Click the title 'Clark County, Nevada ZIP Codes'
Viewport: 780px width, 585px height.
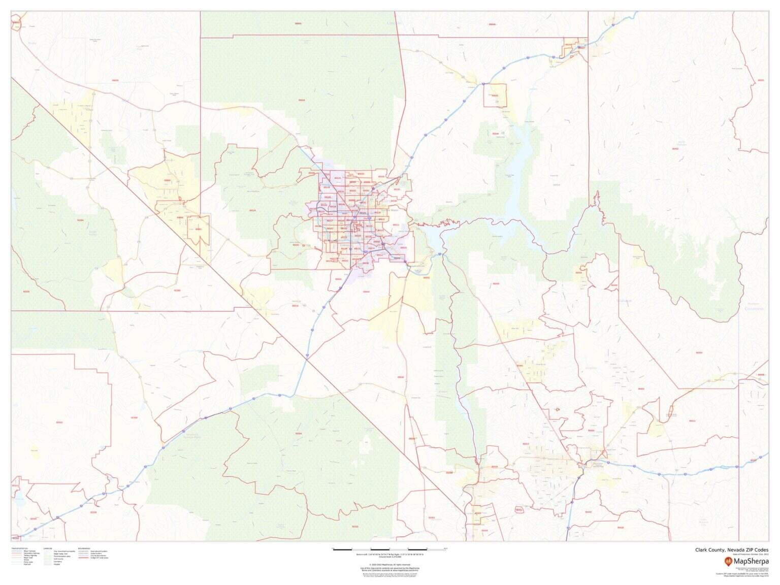732,549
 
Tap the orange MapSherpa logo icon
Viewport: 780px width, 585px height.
728,561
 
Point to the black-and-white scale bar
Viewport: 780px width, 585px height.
388,549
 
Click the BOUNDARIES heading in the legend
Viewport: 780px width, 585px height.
84,548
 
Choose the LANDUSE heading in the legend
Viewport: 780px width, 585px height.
48,548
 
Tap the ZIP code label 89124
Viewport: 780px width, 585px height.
252,210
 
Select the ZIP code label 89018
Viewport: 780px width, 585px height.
302,100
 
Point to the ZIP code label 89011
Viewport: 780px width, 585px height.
396,224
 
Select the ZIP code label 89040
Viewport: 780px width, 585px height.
495,134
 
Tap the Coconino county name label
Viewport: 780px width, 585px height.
754,308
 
